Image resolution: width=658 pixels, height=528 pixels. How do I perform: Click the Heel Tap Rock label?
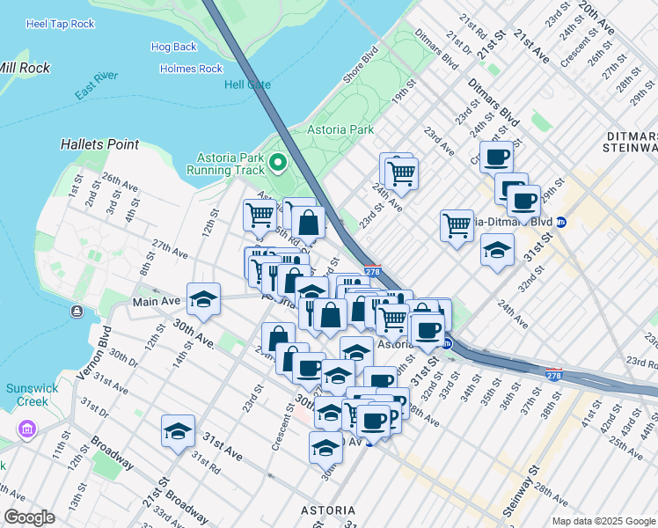(x=60, y=24)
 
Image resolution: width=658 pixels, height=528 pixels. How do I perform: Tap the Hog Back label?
(x=173, y=47)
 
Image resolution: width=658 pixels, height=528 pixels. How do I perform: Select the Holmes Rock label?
(x=191, y=69)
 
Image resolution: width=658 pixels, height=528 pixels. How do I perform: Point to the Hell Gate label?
(x=247, y=84)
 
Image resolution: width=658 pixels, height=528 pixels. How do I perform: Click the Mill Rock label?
(x=25, y=68)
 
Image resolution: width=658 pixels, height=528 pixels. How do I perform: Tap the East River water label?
(x=97, y=91)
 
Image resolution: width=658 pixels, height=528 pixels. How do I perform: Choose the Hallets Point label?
(x=99, y=143)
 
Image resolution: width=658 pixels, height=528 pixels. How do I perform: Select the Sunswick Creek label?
(x=32, y=394)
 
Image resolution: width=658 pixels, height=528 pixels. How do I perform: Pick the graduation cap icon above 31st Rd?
(x=178, y=430)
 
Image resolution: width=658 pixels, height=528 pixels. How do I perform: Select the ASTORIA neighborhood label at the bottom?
(x=328, y=510)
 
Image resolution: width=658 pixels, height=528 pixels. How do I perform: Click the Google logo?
(x=30, y=517)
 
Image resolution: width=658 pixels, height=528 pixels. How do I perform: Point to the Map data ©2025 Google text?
(x=603, y=521)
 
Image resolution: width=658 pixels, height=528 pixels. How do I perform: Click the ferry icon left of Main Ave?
(x=77, y=311)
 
